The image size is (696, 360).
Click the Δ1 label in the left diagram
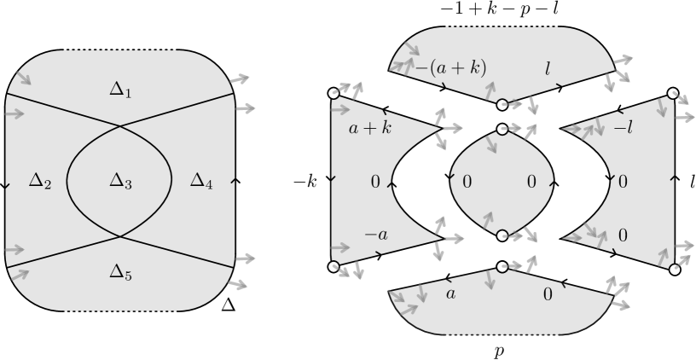pos(121,88)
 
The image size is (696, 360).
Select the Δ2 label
pos(40,180)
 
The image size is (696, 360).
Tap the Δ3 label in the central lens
pos(121,180)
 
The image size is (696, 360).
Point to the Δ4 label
pos(201,180)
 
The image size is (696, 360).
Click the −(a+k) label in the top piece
pos(449,68)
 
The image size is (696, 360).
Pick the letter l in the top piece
pos(548,68)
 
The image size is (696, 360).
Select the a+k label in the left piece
pos(370,130)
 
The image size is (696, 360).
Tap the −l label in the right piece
pos(623,129)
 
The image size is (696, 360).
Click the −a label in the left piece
pos(375,234)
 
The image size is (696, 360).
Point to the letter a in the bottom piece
pos(451,294)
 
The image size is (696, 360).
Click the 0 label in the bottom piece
pos(548,295)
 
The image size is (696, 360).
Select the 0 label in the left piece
pos(375,182)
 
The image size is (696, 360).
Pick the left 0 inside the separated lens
pos(467,182)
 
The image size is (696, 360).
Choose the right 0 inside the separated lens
pos(531,182)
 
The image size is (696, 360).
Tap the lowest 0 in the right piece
pos(623,235)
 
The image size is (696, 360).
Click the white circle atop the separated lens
pos(502,130)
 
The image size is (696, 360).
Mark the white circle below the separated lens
pos(502,235)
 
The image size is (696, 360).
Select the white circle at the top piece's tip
pos(502,105)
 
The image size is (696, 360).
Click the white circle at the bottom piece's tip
pos(502,267)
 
